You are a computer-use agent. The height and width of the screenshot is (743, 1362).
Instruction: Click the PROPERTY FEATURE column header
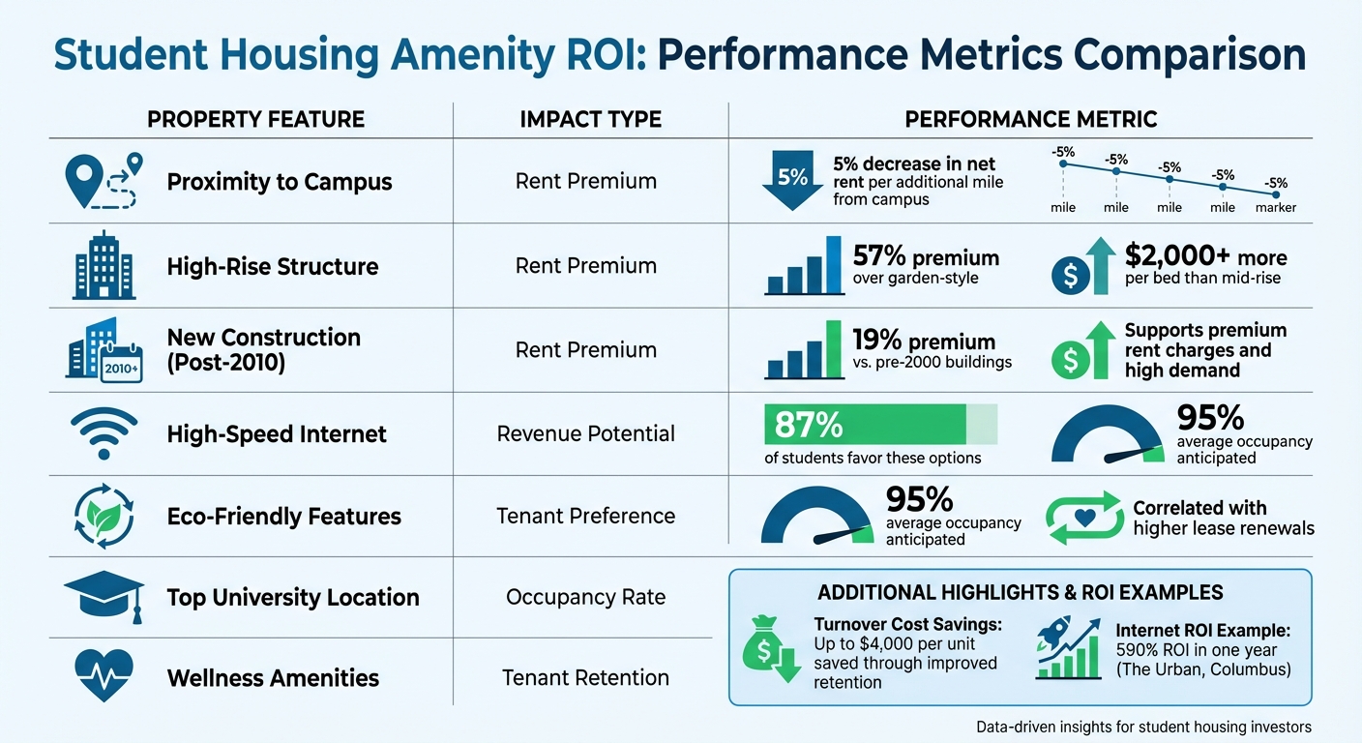(255, 120)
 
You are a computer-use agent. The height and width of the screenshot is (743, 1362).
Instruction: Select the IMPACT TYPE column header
(590, 120)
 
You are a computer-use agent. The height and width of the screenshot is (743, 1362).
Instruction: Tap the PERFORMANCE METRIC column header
(1030, 120)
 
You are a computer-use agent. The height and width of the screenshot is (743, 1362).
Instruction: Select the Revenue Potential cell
(586, 433)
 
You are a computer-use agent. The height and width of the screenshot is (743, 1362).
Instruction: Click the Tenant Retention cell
(585, 678)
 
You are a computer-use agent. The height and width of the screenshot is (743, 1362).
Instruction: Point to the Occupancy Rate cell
(585, 597)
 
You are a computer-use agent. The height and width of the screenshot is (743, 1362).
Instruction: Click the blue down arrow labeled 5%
(791, 181)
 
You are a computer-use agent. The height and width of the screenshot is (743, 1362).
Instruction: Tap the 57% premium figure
(926, 257)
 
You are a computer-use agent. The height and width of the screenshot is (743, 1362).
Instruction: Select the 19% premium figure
(924, 342)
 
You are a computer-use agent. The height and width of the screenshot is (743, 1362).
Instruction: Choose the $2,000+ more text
(1205, 257)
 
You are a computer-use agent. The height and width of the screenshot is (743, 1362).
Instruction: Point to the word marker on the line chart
(1275, 208)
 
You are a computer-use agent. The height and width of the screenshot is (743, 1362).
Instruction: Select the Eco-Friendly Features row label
(283, 517)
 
